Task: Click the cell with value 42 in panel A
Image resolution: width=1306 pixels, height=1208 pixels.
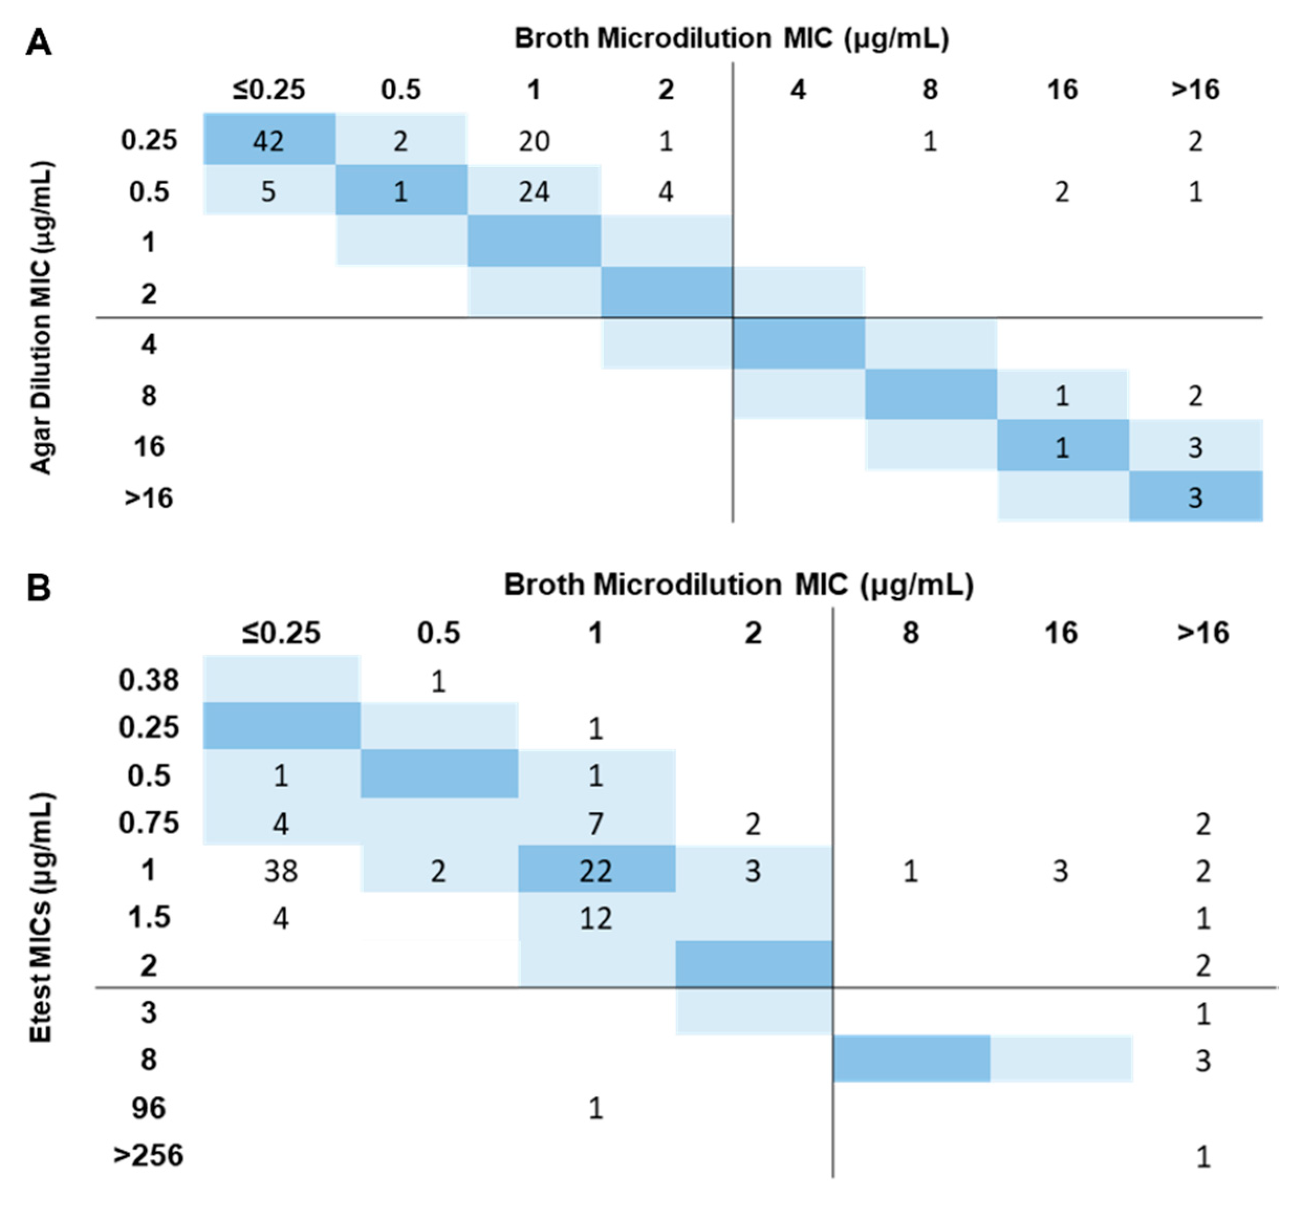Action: click(x=268, y=141)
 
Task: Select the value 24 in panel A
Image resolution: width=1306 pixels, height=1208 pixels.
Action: click(x=534, y=191)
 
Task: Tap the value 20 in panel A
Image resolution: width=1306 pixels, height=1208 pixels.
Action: click(x=534, y=141)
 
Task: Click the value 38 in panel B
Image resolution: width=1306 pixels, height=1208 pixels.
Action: click(x=281, y=871)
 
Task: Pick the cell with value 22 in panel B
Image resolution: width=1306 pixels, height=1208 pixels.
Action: click(x=595, y=871)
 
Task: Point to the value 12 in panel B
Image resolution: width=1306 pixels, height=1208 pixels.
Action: click(x=595, y=919)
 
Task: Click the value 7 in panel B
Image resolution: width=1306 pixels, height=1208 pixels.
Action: click(x=595, y=823)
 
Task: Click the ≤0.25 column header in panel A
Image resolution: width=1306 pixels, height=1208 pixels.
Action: click(x=268, y=90)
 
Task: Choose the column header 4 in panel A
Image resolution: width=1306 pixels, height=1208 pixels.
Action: click(x=798, y=90)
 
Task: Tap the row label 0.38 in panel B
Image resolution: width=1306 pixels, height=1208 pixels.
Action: click(x=149, y=680)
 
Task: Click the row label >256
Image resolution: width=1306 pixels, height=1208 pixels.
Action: click(x=149, y=1155)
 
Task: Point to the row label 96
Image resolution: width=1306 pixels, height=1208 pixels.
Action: click(x=149, y=1108)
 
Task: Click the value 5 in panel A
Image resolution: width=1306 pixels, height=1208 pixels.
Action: click(x=268, y=191)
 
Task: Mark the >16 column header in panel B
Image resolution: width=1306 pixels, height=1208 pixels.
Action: click(x=1203, y=633)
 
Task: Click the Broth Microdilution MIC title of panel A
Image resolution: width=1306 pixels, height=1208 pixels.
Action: click(x=732, y=39)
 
